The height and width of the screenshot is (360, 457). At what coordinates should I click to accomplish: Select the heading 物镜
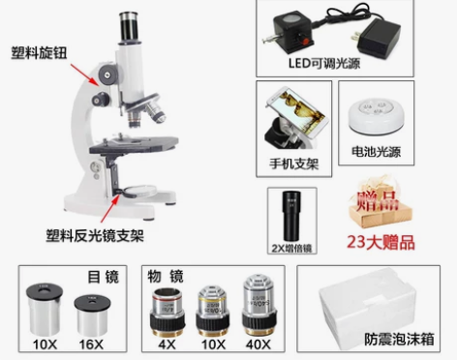pos(166,276)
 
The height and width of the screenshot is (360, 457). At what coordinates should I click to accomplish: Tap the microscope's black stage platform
pos(131,149)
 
